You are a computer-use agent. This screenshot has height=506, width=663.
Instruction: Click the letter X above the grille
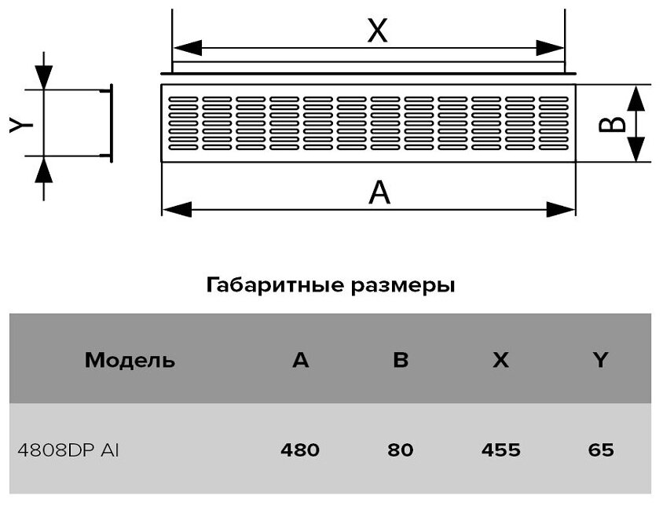tap(378, 31)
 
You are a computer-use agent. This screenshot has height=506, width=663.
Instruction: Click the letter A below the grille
tap(379, 191)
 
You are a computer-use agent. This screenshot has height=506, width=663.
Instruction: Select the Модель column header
tap(130, 361)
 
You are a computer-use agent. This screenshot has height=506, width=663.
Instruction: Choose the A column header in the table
tap(300, 361)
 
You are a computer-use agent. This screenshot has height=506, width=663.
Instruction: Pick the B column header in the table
tap(401, 361)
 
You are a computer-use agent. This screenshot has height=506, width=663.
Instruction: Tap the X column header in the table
tap(500, 361)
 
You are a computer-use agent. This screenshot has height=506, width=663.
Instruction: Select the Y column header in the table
tap(600, 361)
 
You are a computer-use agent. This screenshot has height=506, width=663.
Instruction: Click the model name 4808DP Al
tap(68, 450)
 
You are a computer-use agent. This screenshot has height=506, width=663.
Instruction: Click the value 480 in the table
tap(300, 450)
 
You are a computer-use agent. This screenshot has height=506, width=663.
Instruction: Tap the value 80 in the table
tap(401, 450)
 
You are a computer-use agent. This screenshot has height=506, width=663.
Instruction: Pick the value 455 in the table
tap(500, 450)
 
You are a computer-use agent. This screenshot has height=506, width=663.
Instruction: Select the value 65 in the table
tap(600, 450)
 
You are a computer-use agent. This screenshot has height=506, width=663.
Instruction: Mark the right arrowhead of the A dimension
tap(562, 209)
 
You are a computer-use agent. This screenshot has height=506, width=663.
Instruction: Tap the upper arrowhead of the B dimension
tap(636, 97)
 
